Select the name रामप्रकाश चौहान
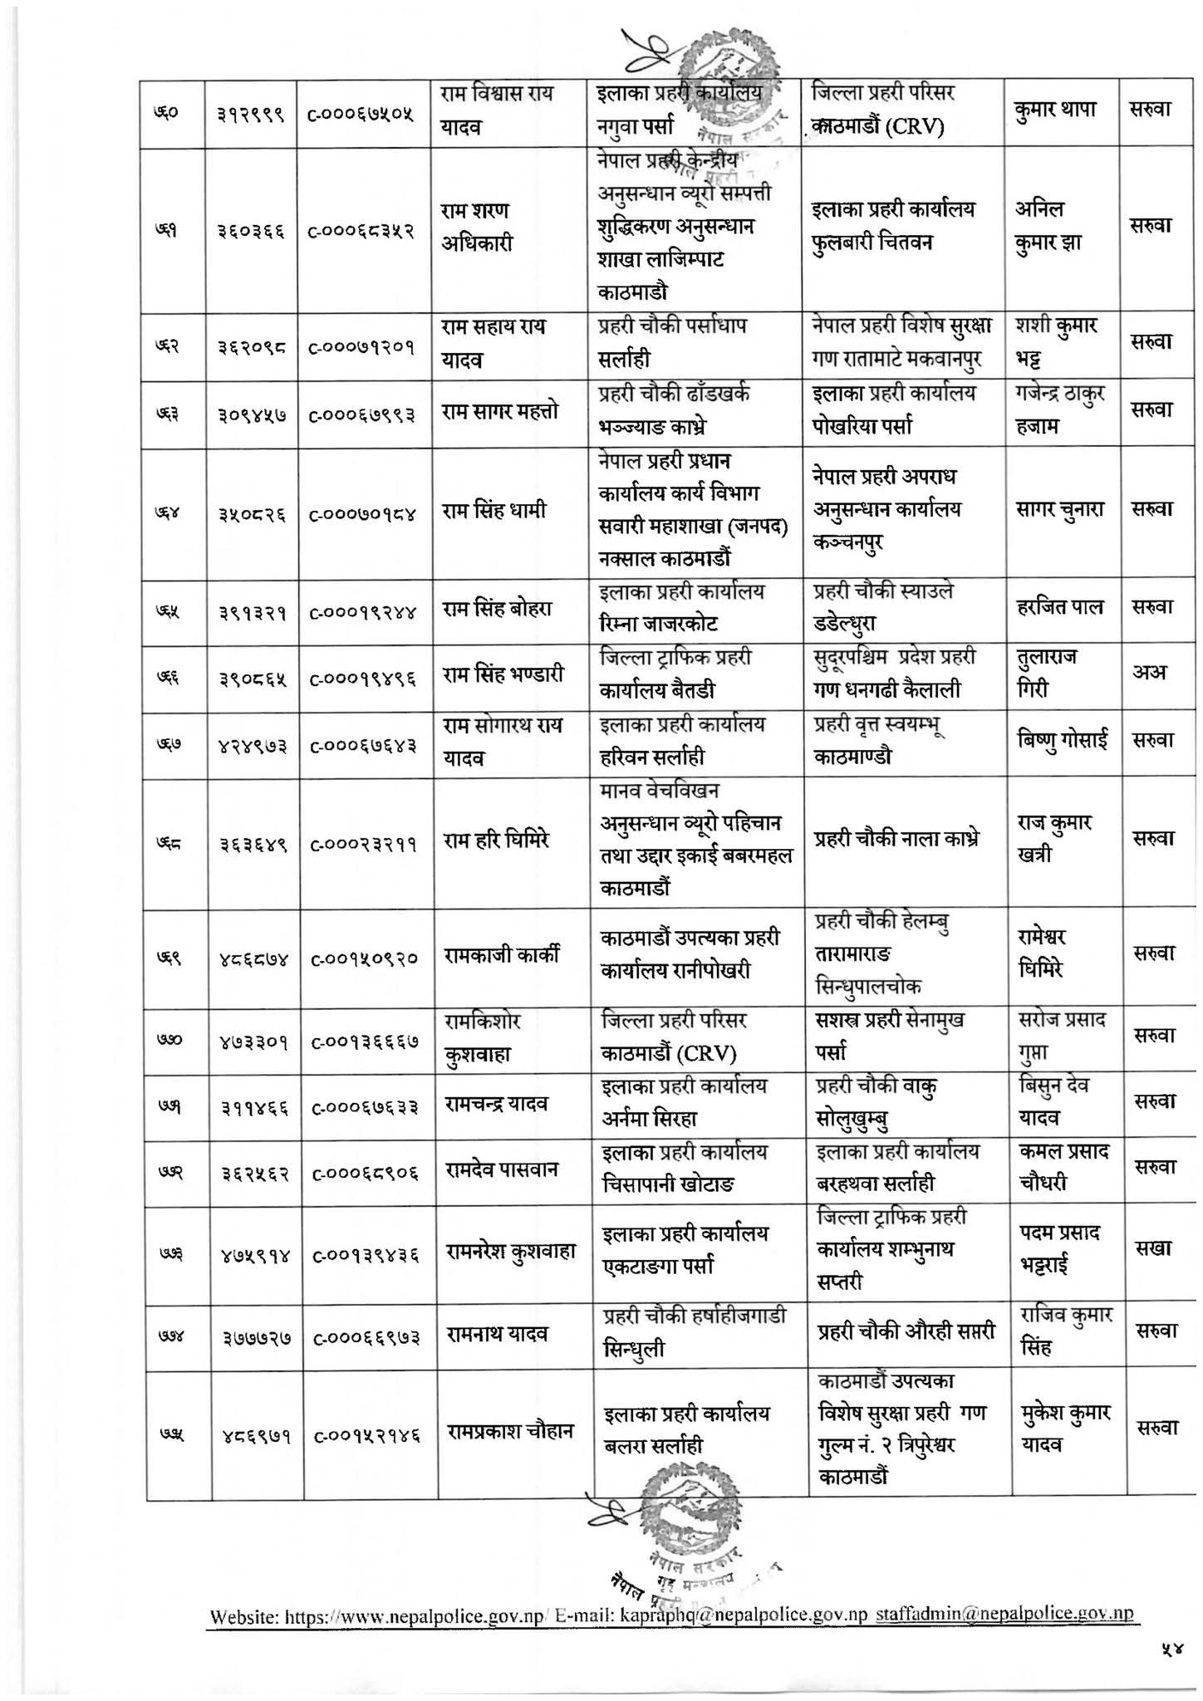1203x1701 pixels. pos(511,1432)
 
